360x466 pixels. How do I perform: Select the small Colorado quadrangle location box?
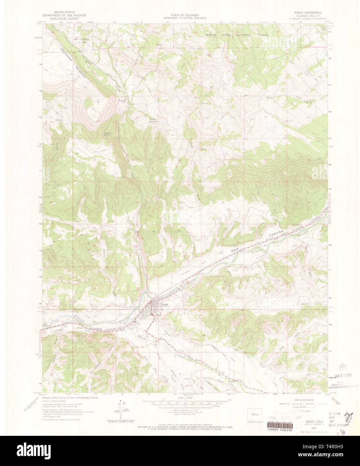tap(253, 414)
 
